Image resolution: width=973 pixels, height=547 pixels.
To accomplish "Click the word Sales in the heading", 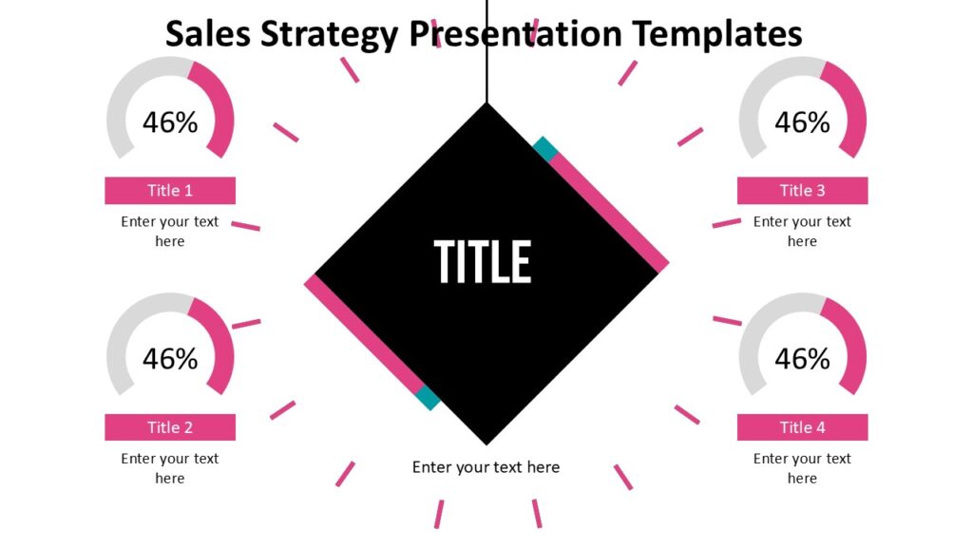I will pyautogui.click(x=201, y=34).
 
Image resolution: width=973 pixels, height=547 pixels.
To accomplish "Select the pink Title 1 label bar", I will pyautogui.click(x=170, y=191).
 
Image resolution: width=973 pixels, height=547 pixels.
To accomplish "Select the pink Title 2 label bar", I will pyautogui.click(x=170, y=427).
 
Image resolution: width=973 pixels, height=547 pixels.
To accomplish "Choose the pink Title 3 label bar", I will pyautogui.click(x=802, y=191).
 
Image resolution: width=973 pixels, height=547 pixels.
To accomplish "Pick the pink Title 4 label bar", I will pyautogui.click(x=802, y=427).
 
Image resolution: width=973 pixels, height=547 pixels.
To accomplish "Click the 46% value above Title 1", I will pyautogui.click(x=170, y=123).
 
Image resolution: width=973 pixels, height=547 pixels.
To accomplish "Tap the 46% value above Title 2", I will pyautogui.click(x=170, y=359).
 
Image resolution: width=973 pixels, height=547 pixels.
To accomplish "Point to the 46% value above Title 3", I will pyautogui.click(x=802, y=123).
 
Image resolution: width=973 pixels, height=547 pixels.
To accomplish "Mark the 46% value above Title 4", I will pyautogui.click(x=802, y=359).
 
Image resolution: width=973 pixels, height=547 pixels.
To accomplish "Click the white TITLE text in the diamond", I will pyautogui.click(x=483, y=261).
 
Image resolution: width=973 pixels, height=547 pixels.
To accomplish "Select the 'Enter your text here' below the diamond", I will pyautogui.click(x=486, y=467).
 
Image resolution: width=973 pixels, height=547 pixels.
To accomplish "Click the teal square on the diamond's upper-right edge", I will pyautogui.click(x=544, y=147).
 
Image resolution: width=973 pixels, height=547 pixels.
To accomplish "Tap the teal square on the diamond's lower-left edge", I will pyautogui.click(x=428, y=398).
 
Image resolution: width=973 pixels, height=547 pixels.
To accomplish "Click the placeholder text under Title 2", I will pyautogui.click(x=170, y=468).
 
